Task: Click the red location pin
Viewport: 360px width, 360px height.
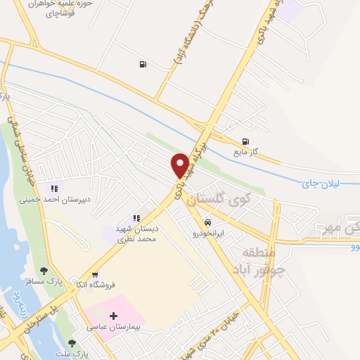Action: coord(181,164)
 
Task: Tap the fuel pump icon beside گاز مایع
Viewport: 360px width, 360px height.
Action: coord(245,141)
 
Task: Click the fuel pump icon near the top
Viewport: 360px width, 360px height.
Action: coord(143,65)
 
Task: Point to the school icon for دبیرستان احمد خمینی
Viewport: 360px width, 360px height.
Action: coord(54,188)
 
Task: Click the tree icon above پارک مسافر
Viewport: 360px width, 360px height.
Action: coord(44,271)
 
